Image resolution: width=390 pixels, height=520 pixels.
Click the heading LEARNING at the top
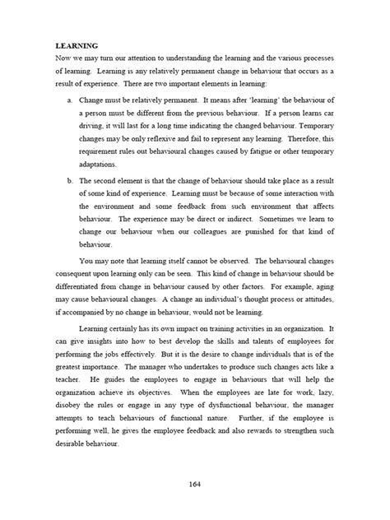(x=77, y=48)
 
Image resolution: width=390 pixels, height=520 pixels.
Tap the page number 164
(x=195, y=493)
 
